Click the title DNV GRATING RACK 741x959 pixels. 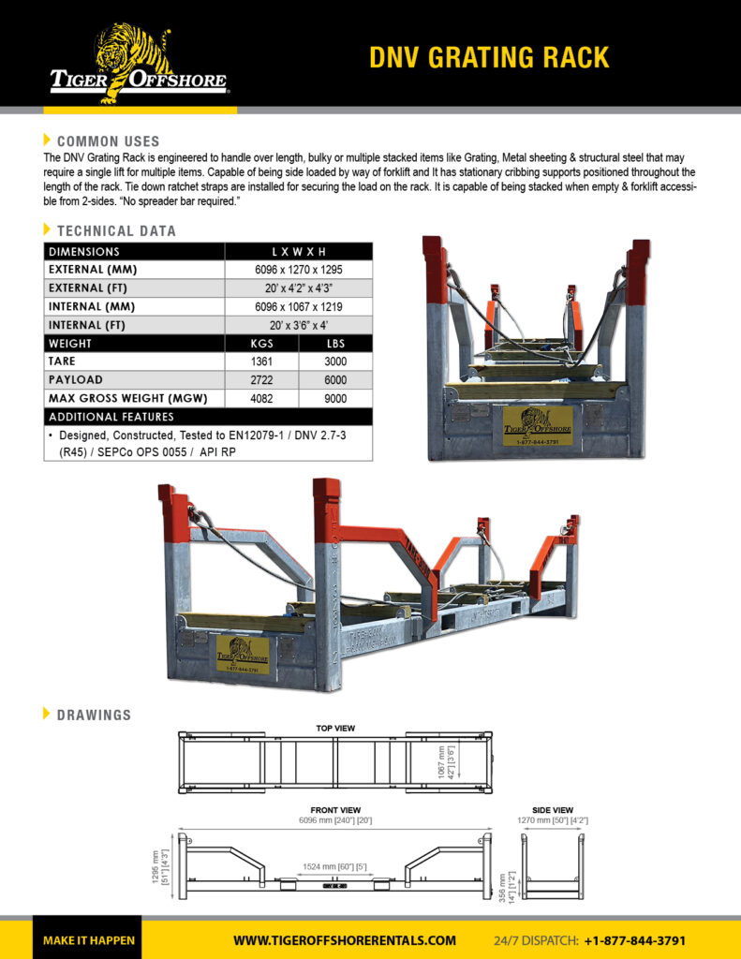point(489,57)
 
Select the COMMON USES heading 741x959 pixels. point(108,141)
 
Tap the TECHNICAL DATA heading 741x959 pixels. point(116,230)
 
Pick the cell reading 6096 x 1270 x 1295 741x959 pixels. point(298,270)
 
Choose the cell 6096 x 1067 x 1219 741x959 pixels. point(298,307)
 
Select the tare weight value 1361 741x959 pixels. point(261,361)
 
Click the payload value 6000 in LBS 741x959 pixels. point(334,380)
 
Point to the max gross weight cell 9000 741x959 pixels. point(334,399)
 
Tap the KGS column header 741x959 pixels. point(261,344)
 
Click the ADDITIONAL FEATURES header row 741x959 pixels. point(111,417)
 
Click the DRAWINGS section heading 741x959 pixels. point(94,715)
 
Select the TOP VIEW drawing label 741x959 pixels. point(335,728)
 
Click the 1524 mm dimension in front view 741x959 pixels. point(335,867)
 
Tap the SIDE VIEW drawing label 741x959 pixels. point(552,810)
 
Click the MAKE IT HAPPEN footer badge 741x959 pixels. point(89,940)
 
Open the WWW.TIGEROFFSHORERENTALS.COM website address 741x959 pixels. point(345,940)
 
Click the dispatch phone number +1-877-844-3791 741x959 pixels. point(635,940)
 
